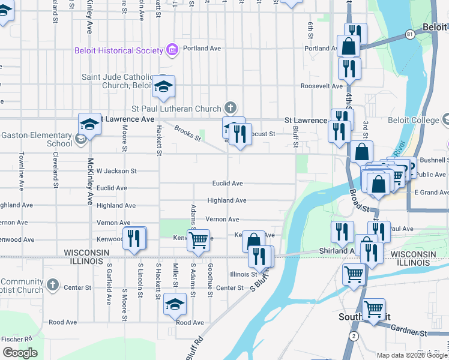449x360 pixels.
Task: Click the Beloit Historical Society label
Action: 119,50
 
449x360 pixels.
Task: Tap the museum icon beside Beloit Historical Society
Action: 172,49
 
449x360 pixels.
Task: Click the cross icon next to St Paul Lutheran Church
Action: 229,108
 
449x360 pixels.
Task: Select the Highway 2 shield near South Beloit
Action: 354,335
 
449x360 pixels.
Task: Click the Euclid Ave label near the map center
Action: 228,183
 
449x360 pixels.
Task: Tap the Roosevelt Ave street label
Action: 321,86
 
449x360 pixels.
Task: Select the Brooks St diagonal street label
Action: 188,133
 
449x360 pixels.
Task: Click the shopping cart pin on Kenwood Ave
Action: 198,241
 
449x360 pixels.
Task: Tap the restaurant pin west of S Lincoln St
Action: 134,238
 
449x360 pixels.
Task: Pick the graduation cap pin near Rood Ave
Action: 175,304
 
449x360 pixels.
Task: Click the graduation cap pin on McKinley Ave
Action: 89,125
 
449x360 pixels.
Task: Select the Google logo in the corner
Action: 20,353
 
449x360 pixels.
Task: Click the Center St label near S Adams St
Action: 229,288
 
